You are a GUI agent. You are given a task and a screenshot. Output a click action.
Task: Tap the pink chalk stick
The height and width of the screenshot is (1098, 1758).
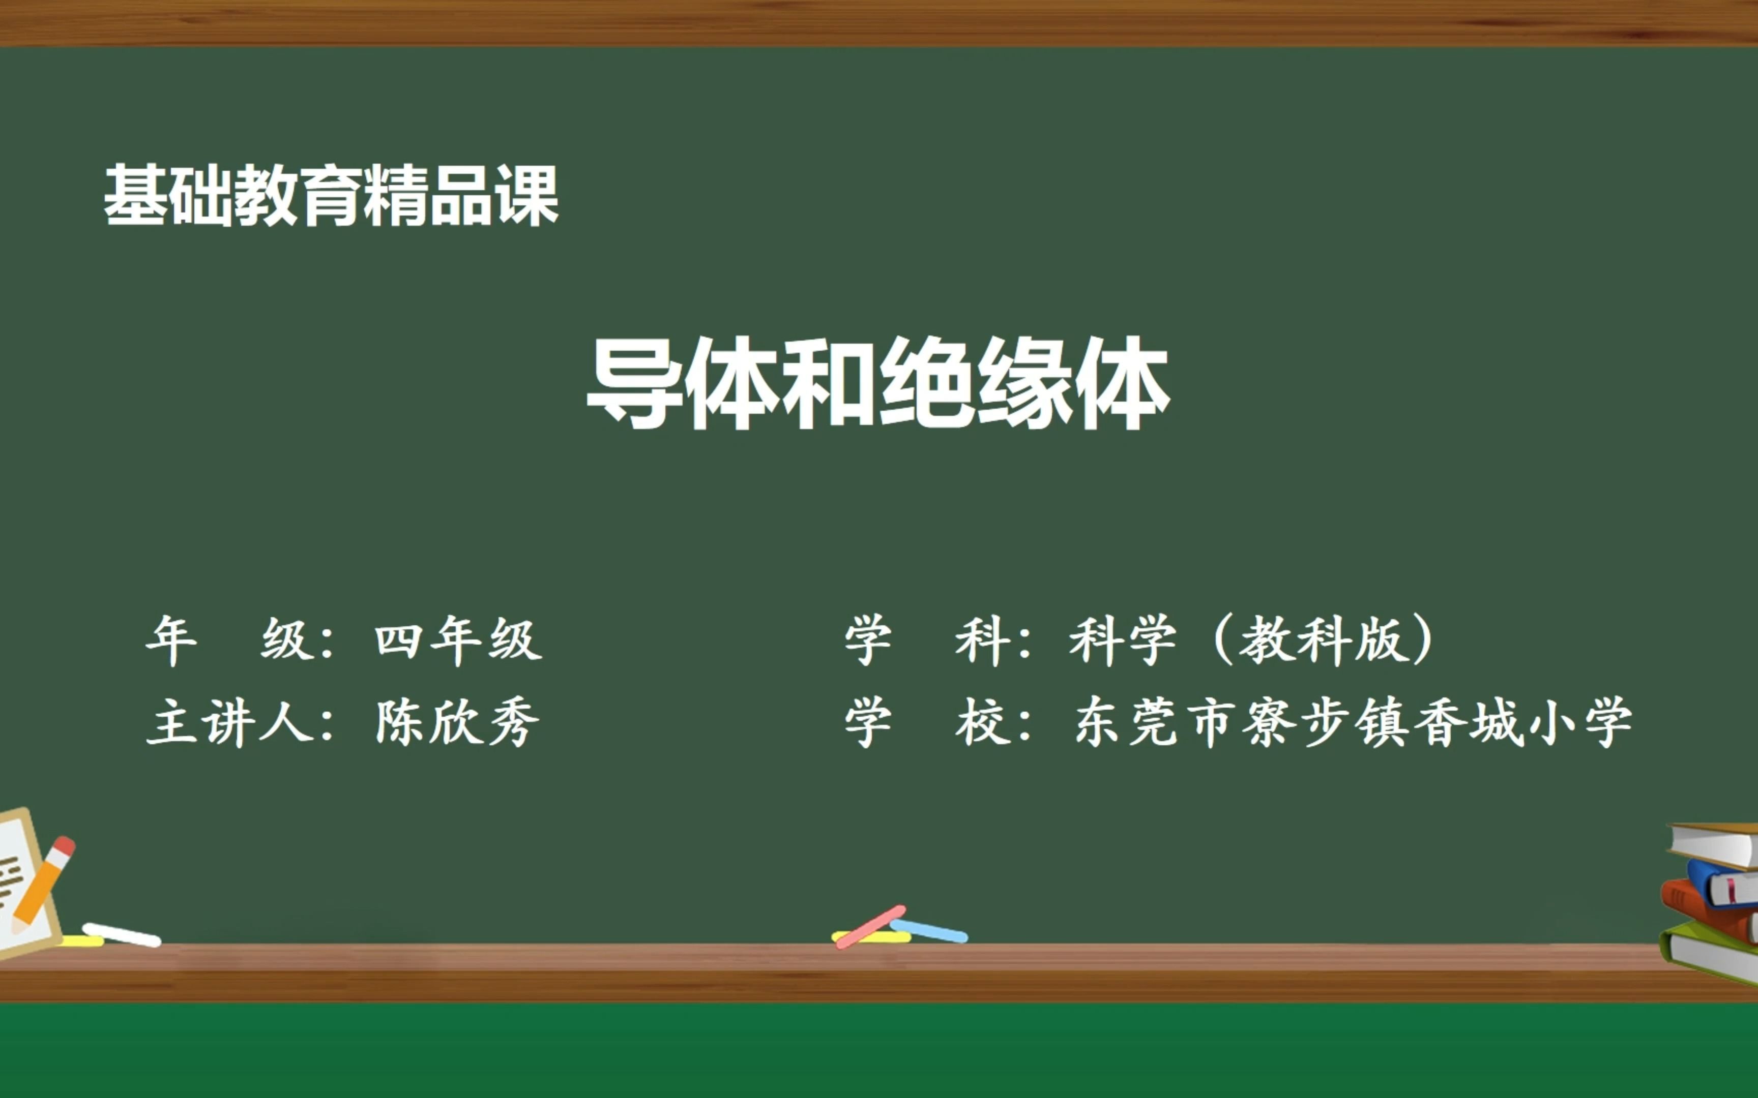(x=870, y=927)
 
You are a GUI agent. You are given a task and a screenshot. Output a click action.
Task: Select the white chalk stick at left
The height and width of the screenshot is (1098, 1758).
(x=121, y=935)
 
